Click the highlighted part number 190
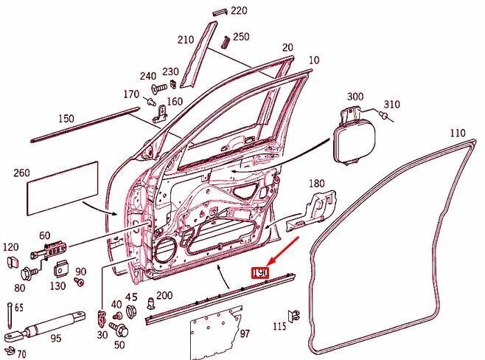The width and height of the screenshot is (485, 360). click(260, 272)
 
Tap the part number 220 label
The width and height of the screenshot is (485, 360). click(239, 11)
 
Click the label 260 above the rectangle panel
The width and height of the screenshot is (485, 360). click(21, 174)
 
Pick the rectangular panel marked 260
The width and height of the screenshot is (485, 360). click(62, 186)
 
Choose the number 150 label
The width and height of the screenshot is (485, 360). click(66, 119)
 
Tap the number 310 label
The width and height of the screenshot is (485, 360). click(391, 104)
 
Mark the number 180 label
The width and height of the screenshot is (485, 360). click(316, 183)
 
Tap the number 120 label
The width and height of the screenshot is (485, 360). click(10, 246)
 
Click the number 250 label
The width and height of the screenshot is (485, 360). click(241, 37)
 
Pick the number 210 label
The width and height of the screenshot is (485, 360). click(185, 40)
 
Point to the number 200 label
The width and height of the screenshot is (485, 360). click(164, 296)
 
